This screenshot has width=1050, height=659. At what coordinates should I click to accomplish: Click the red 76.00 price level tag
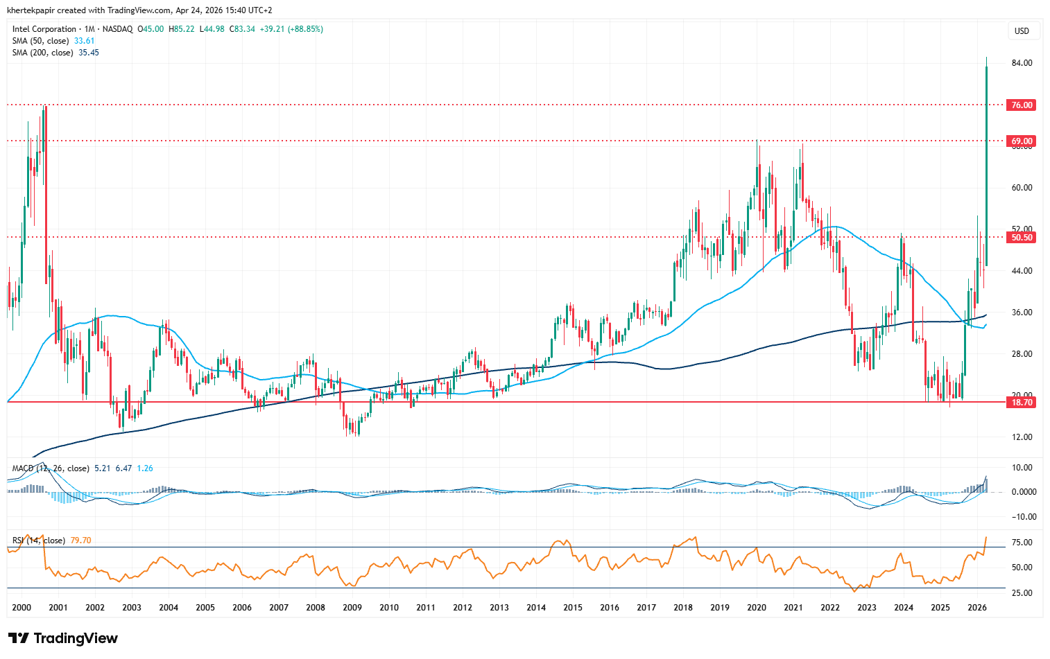pyautogui.click(x=1022, y=105)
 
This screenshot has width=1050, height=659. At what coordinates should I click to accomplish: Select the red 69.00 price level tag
pyautogui.click(x=1022, y=141)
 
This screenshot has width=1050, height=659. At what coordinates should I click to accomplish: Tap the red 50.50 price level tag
pyautogui.click(x=1022, y=238)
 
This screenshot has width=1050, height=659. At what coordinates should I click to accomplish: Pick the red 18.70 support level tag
pyautogui.click(x=1022, y=403)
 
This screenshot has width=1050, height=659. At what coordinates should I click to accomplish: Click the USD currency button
pyautogui.click(x=1022, y=31)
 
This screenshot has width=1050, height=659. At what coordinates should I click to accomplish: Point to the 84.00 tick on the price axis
pyautogui.click(x=1022, y=63)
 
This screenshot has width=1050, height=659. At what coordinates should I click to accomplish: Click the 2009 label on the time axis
pyautogui.click(x=352, y=608)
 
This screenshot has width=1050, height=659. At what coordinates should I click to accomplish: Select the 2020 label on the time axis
pyautogui.click(x=757, y=608)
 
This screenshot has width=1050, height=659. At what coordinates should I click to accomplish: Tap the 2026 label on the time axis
pyautogui.click(x=976, y=608)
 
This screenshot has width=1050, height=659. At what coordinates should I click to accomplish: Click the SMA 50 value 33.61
pyautogui.click(x=84, y=41)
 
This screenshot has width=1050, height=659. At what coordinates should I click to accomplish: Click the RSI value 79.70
pyautogui.click(x=80, y=541)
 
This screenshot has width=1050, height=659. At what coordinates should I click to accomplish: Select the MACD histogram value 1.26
pyautogui.click(x=145, y=468)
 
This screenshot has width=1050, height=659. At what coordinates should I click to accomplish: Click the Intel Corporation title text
pyautogui.click(x=44, y=29)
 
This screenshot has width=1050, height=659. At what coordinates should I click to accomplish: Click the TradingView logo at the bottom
pyautogui.click(x=63, y=638)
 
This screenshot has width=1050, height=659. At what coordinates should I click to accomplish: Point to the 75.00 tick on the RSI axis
pyautogui.click(x=1022, y=543)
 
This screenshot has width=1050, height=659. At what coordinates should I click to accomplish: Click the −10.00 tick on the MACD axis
pyautogui.click(x=1022, y=517)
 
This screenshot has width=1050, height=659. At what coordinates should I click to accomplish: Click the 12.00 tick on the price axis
pyautogui.click(x=1022, y=437)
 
